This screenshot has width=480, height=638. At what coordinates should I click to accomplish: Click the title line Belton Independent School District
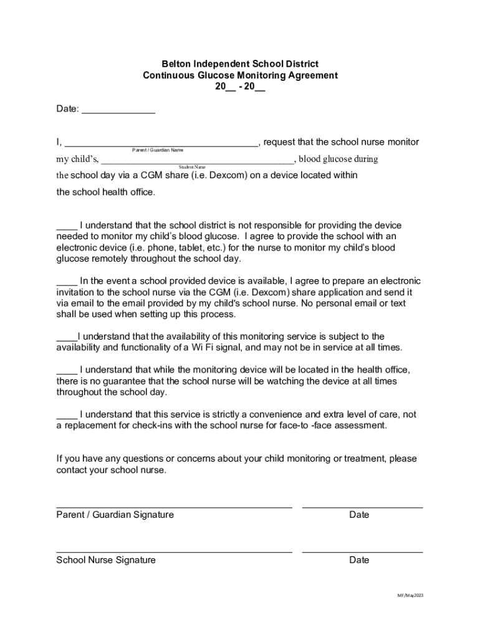coord(240,64)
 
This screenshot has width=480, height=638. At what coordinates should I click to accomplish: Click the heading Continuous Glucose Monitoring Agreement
coord(240,75)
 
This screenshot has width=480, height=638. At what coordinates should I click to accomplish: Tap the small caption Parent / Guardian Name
coord(158,150)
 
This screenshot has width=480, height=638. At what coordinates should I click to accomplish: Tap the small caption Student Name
coord(192,167)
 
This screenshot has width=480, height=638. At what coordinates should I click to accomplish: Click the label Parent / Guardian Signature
coord(115,515)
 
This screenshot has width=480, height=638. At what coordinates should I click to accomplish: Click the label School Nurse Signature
coord(106,560)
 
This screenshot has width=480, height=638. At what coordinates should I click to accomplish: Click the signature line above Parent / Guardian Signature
coord(174,507)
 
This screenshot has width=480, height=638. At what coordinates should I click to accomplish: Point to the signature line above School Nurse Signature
coord(174,552)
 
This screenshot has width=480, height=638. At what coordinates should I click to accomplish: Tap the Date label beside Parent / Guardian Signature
coord(359,515)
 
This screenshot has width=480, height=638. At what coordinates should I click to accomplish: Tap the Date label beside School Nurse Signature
coord(359,560)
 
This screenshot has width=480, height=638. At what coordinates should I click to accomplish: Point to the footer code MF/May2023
coord(410,596)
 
